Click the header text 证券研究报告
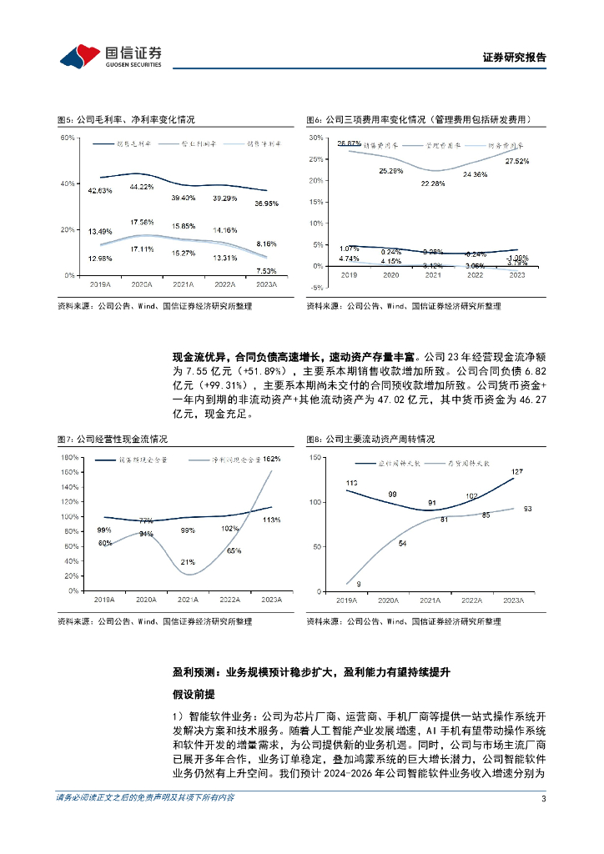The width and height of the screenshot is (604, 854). point(515,58)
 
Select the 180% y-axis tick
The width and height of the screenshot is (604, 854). point(69,458)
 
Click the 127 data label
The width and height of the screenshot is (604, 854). point(518,473)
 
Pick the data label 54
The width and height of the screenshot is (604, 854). point(403,543)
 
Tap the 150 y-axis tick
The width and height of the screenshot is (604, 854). point(315,458)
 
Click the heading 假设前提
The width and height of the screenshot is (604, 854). point(193,693)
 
